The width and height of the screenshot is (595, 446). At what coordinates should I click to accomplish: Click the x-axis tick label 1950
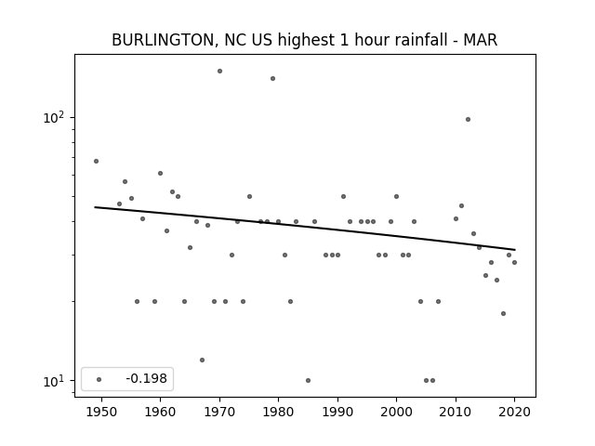101,412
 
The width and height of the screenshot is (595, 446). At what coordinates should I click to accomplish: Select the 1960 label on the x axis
160,412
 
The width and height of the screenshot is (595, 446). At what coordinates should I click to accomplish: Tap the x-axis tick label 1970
219,412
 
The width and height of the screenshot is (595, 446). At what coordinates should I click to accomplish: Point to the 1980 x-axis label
278,412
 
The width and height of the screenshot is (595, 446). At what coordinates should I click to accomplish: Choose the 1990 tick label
337,412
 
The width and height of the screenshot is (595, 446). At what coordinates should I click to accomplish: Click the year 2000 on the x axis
396,412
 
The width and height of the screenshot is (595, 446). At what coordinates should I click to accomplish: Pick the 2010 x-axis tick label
456,412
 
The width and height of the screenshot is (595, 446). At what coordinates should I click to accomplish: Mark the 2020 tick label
514,412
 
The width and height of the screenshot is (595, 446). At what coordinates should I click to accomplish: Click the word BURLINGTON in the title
163,40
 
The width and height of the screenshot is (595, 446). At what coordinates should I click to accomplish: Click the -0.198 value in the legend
146,378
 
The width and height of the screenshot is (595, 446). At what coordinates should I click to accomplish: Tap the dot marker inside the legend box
99,379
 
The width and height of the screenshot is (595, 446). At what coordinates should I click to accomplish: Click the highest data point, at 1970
219,71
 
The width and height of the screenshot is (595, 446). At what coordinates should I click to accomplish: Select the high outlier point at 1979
272,78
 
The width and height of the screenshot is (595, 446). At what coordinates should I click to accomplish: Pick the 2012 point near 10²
468,120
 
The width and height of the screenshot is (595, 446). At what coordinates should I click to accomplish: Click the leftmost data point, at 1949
96,161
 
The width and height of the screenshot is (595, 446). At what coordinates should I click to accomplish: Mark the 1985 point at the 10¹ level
308,380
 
